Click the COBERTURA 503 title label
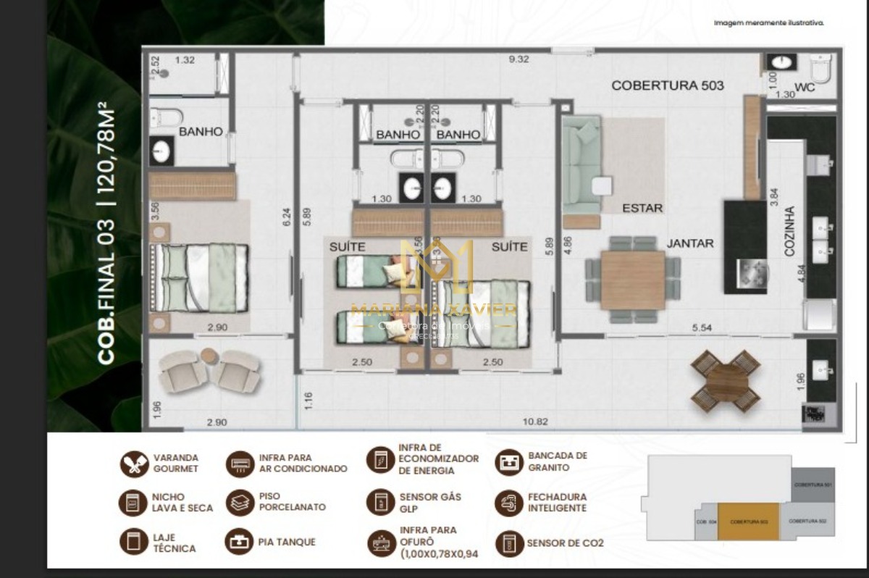pos(667,85)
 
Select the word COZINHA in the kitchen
pos(789,230)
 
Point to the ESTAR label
pos(642,208)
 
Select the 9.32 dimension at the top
pos(519,59)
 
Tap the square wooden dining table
pos(633,280)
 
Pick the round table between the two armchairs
pos(209,356)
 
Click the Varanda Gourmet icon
pos(134,464)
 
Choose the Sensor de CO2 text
pos(565,543)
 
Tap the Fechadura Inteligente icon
pos(509,503)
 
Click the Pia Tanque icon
pos(239,542)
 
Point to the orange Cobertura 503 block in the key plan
pos(748,521)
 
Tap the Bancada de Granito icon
pos(509,462)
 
